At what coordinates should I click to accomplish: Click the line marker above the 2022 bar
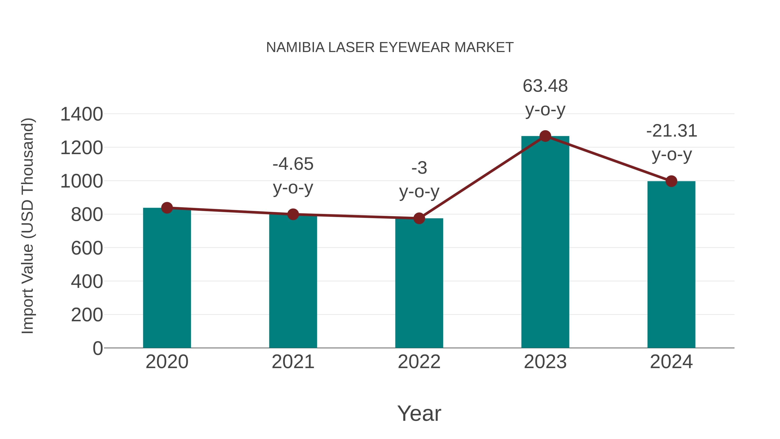click(419, 218)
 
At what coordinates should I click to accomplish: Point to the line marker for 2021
click(293, 214)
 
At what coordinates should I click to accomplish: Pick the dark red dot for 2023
click(545, 136)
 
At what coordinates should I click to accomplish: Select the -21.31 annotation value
click(671, 131)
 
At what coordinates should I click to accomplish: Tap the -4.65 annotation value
click(293, 164)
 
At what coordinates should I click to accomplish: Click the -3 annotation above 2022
click(419, 168)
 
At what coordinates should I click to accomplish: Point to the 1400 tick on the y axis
click(81, 114)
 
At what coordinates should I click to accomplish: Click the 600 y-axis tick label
click(87, 248)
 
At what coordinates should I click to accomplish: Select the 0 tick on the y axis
click(97, 348)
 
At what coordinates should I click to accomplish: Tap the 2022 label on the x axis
click(419, 362)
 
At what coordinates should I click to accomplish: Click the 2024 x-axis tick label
click(671, 362)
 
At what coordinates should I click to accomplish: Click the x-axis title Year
click(419, 413)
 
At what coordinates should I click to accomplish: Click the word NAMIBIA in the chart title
click(295, 47)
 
